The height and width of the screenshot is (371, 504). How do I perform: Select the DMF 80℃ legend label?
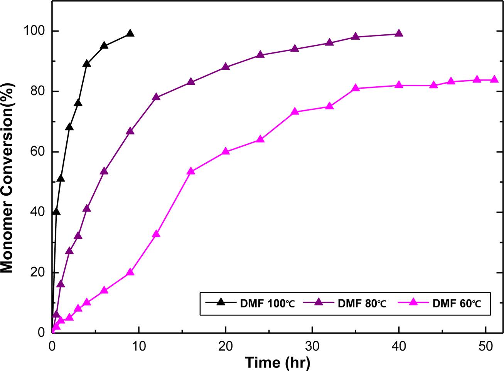362,304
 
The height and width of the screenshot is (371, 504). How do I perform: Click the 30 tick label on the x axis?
312,346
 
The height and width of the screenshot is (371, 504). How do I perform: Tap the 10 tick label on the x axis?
139,346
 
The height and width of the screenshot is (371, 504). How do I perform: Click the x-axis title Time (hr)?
278,362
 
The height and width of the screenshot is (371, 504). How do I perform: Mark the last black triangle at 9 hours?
130,34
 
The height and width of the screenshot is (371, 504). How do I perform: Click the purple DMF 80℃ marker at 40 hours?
399,34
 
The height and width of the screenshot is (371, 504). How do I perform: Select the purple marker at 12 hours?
156,97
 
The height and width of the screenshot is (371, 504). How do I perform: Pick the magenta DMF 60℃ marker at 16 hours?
191,171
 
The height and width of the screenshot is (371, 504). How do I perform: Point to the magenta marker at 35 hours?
356,88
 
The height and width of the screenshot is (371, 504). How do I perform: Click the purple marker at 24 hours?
260,54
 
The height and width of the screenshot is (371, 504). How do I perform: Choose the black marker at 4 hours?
87,63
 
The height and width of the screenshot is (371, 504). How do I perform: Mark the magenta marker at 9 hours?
130,272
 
